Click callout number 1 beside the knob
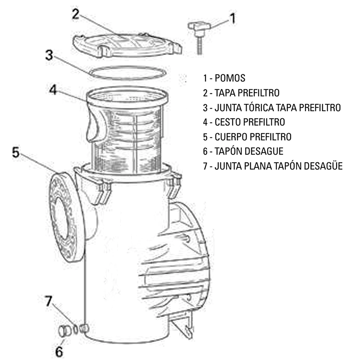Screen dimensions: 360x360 coord(232,18)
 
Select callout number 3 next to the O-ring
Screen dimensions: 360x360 coord(49,55)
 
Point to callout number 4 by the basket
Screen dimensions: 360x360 coord(53,90)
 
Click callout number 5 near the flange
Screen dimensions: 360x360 coord(15,152)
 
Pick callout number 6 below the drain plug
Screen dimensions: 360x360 coord(59,351)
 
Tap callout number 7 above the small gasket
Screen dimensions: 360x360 coord(49,301)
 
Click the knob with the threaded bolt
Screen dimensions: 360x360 coord(199,37)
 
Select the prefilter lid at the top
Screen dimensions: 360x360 coord(127,45)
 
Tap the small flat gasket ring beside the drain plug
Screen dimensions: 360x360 coord(75,330)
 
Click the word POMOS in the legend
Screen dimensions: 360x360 coord(230,78)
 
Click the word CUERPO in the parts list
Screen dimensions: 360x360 coord(231,137)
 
